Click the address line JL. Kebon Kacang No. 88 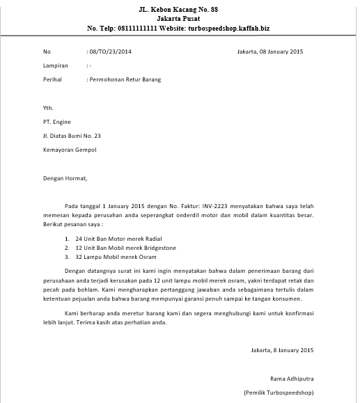tap(178, 8)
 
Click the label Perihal tap(52, 80)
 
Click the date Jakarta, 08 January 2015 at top tap(269, 52)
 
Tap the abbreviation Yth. tap(48, 109)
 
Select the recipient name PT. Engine tap(57, 122)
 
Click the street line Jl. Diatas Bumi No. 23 tap(72, 136)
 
